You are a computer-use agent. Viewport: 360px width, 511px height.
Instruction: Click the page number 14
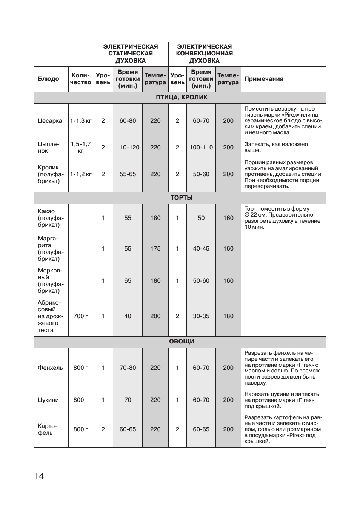coord(39,476)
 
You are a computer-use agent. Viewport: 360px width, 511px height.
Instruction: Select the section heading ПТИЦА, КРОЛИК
coord(182,97)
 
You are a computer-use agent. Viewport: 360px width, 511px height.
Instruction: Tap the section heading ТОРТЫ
coord(182,198)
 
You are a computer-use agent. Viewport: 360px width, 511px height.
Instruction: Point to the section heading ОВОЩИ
coord(182,342)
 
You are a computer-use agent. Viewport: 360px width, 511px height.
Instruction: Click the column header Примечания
coord(264,79)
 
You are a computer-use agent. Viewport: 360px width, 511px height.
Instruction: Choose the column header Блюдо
coord(48,79)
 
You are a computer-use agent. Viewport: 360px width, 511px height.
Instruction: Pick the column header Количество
coord(81,79)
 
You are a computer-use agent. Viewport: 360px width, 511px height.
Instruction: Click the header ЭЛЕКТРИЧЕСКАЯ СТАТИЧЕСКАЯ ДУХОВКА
coord(131,54)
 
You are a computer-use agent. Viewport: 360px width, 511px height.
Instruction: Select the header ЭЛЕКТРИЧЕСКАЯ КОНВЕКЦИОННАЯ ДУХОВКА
coord(205,54)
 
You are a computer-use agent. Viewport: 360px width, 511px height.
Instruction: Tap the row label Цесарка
coord(50,121)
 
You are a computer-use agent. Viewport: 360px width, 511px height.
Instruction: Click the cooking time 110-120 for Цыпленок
coord(128,148)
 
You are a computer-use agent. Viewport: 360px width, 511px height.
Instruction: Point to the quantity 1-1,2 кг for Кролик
coord(81,174)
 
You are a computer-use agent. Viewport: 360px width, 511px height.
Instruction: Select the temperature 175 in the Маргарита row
coord(155,249)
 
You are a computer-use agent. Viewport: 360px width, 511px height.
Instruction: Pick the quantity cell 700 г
coord(81,316)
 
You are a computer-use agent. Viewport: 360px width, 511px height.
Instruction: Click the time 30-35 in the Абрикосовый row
coord(201,316)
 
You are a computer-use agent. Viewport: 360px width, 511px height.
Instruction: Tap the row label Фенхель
coord(50,368)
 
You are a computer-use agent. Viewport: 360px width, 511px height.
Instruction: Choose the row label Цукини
coord(48,400)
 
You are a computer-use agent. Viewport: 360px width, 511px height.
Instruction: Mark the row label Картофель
coord(48,429)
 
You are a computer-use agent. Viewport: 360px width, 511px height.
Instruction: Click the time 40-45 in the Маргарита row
coord(201,249)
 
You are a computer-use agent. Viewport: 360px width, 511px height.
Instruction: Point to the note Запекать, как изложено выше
coord(276,147)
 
